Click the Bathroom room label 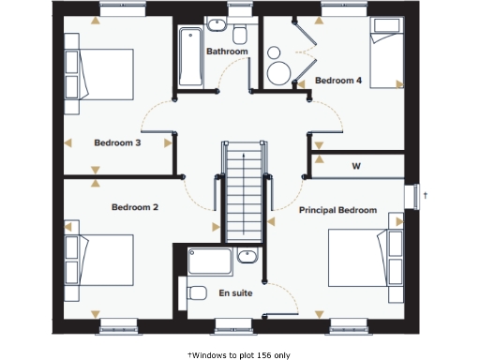coord(227,52)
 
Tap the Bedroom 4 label coord(338,81)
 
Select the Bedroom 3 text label coord(117,143)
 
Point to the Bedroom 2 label coord(135,207)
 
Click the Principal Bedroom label coord(337,210)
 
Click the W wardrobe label coord(356,166)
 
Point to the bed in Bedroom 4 coord(385,46)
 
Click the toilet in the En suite coord(198,293)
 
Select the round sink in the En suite coord(248,256)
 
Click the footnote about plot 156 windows coord(239,354)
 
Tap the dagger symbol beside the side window coord(427,195)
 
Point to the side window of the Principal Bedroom coord(412,197)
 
